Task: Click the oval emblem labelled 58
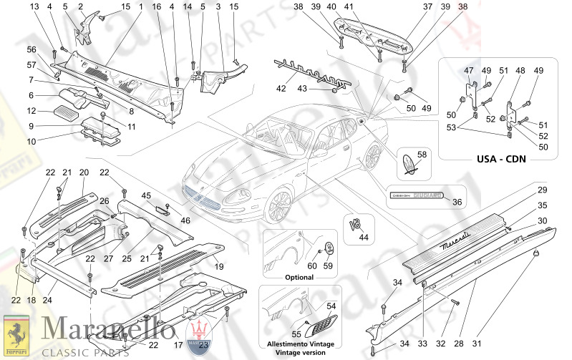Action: tap(409, 164)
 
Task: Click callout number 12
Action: tap(31, 110)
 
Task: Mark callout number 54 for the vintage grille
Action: tap(331, 306)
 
